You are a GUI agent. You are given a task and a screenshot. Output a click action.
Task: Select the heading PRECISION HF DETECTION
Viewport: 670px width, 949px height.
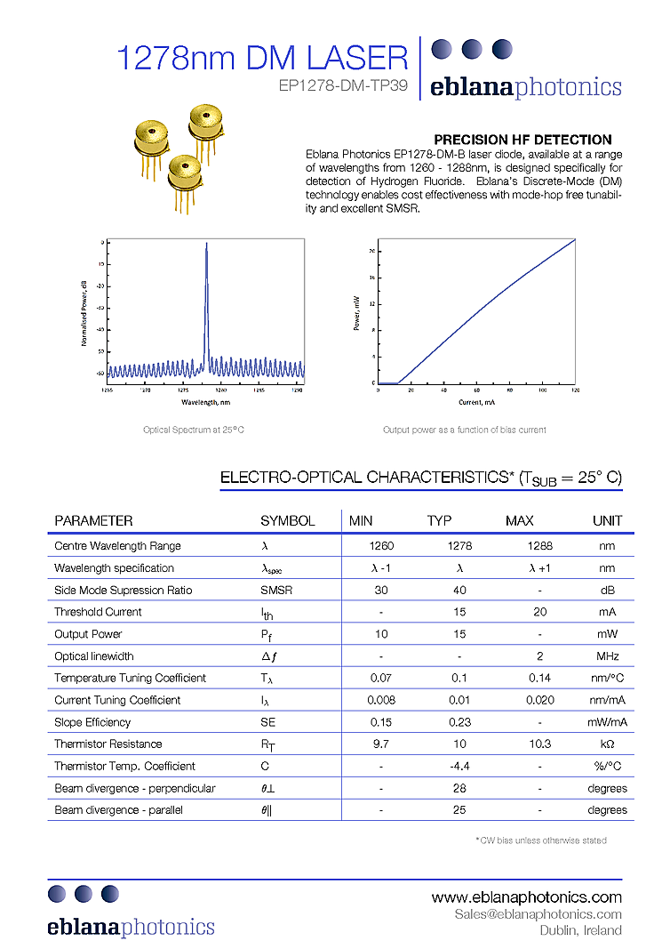click(x=522, y=140)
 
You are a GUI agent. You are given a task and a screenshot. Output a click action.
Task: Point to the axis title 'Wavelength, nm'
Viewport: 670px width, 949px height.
click(x=205, y=402)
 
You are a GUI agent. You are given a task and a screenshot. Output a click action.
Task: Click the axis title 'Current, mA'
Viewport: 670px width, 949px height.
click(x=476, y=402)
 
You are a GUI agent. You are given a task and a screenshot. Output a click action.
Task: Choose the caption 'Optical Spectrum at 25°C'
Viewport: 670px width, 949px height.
click(x=194, y=430)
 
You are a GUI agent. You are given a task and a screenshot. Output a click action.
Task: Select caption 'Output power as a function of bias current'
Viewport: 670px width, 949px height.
click(x=464, y=430)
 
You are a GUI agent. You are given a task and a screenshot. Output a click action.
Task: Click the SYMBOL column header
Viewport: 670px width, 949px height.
click(x=287, y=520)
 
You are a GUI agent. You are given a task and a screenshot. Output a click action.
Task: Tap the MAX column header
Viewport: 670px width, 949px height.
click(x=520, y=520)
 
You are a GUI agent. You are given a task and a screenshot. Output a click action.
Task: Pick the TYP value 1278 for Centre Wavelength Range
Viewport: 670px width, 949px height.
click(x=459, y=546)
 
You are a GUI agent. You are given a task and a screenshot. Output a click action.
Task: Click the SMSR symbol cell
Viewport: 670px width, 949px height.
click(x=275, y=590)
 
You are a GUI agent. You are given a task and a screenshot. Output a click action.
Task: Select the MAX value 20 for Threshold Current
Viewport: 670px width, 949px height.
click(x=540, y=612)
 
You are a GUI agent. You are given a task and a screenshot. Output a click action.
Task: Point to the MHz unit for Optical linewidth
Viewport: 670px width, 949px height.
click(x=607, y=656)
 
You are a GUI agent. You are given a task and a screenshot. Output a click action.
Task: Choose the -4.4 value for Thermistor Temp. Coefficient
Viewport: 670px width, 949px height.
click(x=459, y=766)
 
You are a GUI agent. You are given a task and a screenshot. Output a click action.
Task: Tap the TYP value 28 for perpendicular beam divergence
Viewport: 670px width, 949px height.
click(x=459, y=788)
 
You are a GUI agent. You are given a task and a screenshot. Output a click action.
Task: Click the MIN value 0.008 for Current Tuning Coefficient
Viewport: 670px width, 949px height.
click(x=381, y=700)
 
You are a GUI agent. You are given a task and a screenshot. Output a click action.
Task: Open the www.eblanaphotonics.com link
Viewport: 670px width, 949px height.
click(x=526, y=897)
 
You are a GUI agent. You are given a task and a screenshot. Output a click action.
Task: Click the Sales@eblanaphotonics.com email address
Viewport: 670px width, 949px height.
click(x=538, y=914)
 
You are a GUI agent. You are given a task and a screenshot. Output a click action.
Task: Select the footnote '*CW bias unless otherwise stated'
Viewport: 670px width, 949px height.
click(x=542, y=840)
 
